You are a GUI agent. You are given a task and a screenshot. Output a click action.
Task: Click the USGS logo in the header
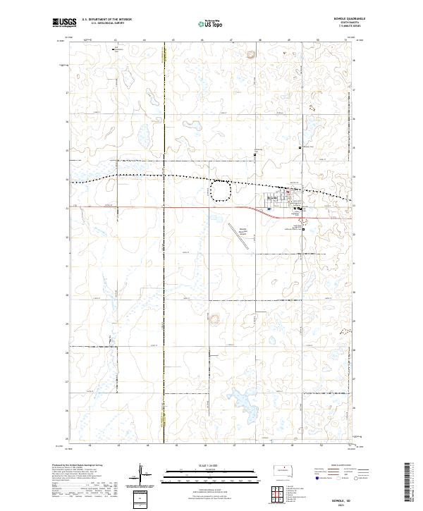(63, 23)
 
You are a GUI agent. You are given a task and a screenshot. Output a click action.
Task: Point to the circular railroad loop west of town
(221, 191)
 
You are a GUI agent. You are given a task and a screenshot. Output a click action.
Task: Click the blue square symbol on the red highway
(299, 209)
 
